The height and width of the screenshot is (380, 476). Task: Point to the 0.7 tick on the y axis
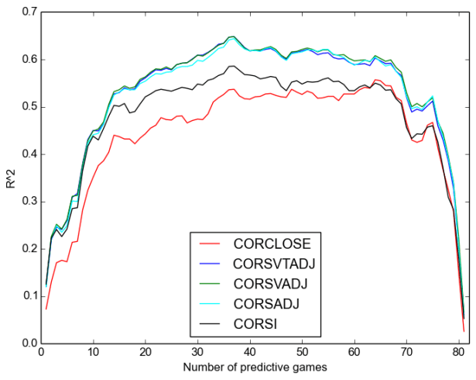point(29,12)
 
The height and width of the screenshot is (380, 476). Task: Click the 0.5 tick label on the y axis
point(29,107)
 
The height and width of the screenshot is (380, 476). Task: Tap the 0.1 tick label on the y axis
point(29,296)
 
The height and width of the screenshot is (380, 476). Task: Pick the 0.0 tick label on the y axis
point(29,344)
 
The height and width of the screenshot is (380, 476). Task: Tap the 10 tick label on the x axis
point(93,353)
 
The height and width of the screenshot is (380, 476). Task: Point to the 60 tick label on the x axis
point(354,353)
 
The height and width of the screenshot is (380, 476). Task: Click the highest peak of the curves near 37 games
point(233,36)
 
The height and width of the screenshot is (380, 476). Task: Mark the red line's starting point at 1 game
point(46,309)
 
